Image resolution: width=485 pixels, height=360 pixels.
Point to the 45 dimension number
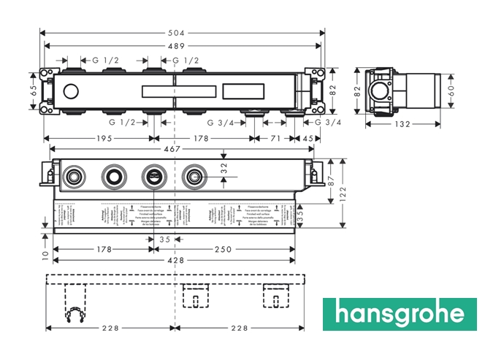pyautogui.click(x=309, y=138)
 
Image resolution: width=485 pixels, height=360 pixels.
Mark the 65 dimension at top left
pyautogui.click(x=33, y=91)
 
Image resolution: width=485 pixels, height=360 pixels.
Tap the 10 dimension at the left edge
pyautogui.click(x=45, y=255)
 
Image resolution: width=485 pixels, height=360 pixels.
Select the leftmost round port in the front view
pyautogui.click(x=73, y=176)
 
